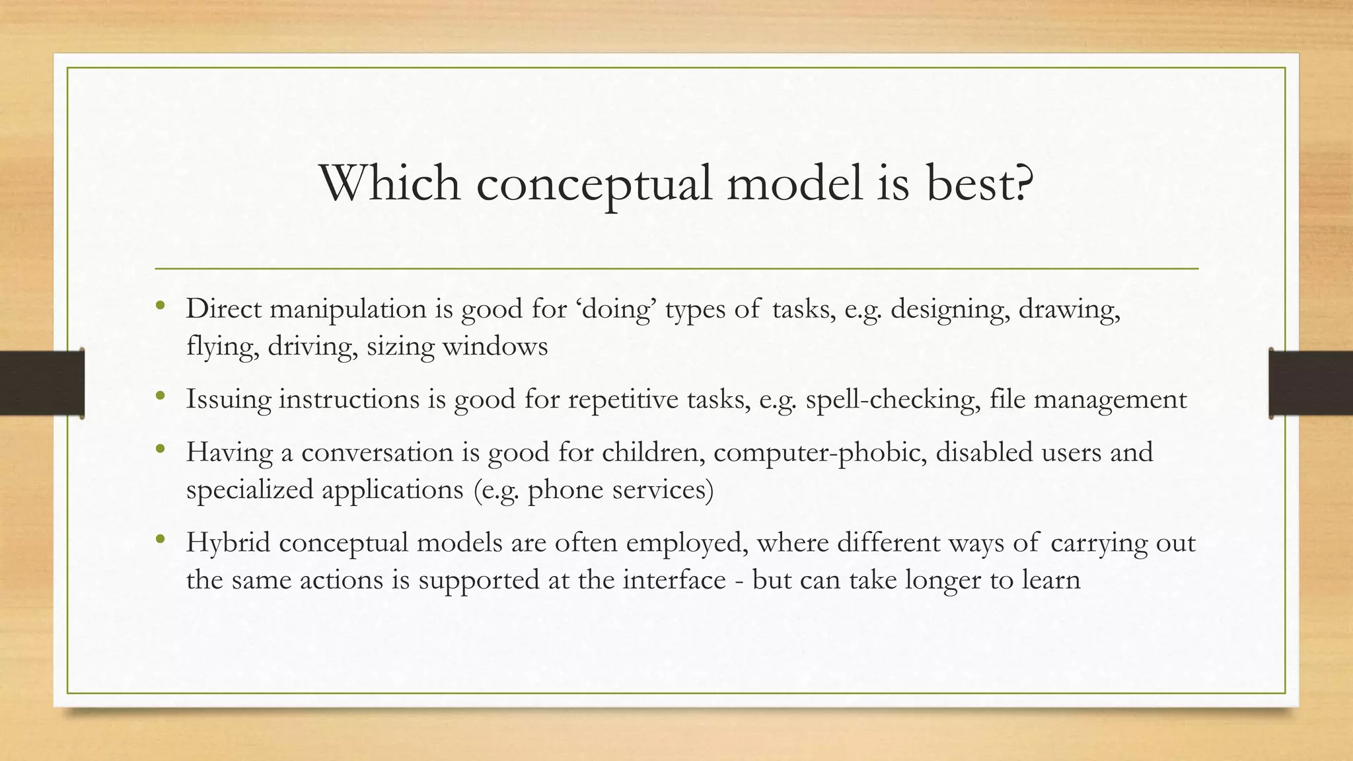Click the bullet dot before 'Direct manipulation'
160,306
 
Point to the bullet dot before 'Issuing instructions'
160,396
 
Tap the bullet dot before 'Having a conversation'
160,450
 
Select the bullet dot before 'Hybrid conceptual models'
160,540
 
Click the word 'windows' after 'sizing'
495,346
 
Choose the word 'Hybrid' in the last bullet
228,543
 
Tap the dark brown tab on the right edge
1311,383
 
